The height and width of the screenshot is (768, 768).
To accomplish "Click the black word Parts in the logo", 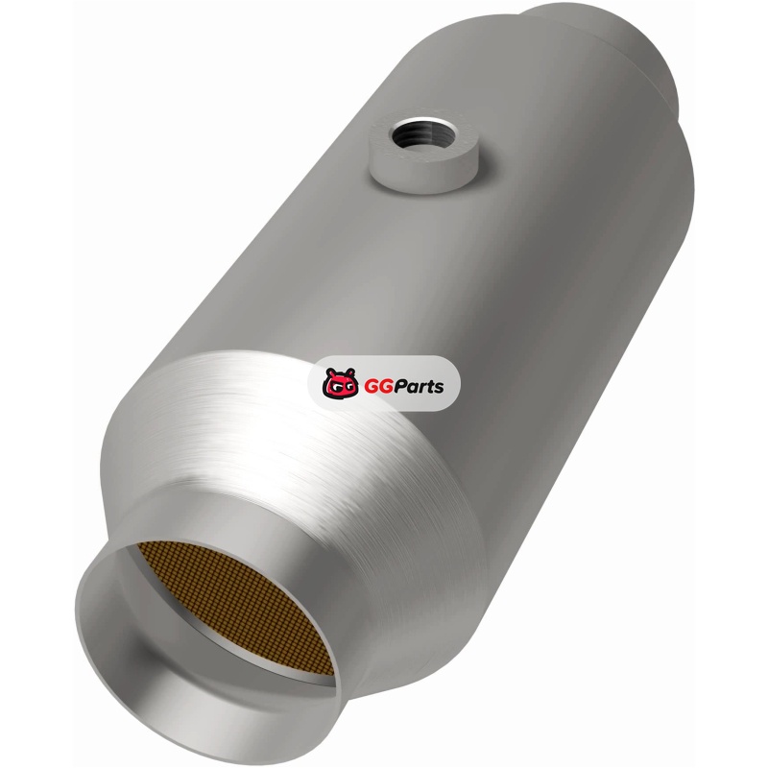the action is click(x=418, y=386).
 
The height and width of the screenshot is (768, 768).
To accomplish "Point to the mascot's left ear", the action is click(x=331, y=372).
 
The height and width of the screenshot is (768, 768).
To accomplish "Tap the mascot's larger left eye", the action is click(x=334, y=389).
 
